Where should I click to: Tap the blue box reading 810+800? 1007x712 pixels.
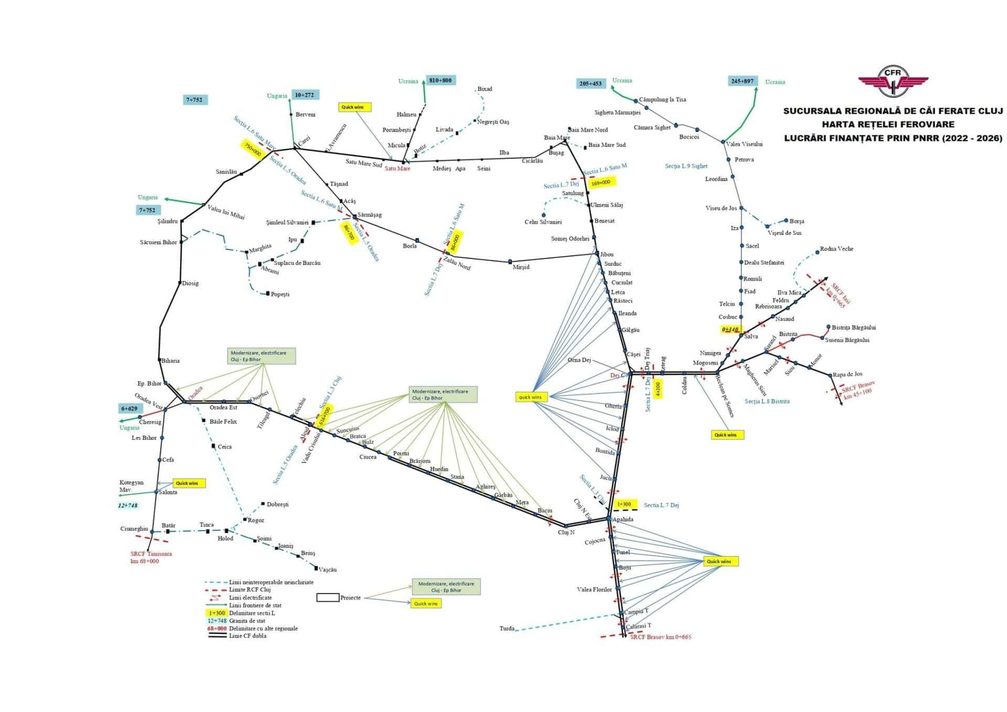(x=440, y=80)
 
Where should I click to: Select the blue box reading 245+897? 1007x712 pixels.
(x=742, y=81)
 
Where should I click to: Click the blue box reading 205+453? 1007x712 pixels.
(x=591, y=83)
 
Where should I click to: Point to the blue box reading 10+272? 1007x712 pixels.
(x=304, y=95)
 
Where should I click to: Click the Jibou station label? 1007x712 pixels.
(x=606, y=254)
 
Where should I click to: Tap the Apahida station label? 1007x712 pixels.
(x=623, y=520)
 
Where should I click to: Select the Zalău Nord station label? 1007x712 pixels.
(x=457, y=263)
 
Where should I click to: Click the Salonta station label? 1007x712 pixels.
(x=168, y=492)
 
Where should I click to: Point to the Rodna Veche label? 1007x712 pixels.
(x=837, y=249)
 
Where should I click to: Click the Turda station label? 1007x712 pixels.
(x=507, y=629)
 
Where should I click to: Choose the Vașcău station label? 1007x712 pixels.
(x=327, y=569)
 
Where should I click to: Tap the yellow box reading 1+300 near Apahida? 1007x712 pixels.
(x=624, y=504)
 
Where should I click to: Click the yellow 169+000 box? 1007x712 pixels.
(x=601, y=182)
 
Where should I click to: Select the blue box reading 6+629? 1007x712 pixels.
(x=129, y=408)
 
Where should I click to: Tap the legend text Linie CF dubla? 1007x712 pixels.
(x=248, y=636)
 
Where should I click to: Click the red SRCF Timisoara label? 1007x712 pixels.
(x=151, y=554)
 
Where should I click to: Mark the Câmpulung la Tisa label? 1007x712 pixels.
(x=662, y=100)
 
